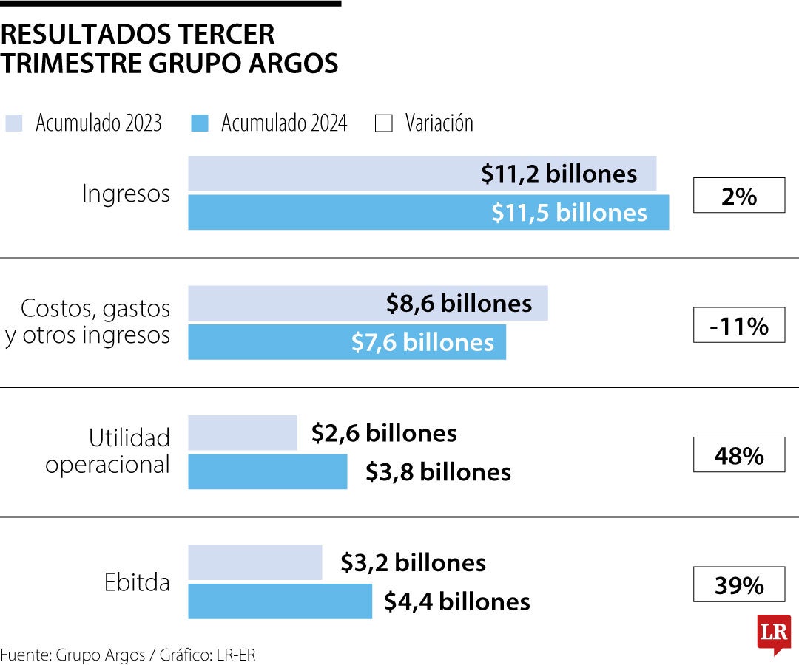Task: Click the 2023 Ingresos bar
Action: [422, 174]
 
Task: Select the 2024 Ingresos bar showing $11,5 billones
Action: [428, 213]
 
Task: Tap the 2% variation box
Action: [738, 196]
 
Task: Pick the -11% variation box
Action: [738, 325]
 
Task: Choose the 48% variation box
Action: [738, 455]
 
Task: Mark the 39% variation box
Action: [738, 584]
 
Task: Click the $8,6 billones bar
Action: [368, 304]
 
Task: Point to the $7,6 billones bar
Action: [347, 342]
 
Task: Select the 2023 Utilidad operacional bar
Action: [243, 433]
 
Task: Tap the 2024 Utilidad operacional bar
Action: [267, 472]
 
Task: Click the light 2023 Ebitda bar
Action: [255, 563]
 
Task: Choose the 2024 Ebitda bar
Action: [280, 601]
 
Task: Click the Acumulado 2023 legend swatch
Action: [14, 123]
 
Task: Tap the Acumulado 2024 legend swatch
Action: [200, 123]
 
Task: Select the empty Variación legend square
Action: [384, 123]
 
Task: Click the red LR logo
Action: [774, 633]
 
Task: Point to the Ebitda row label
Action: [137, 582]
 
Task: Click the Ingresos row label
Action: [126, 194]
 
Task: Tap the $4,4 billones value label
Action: [456, 601]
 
